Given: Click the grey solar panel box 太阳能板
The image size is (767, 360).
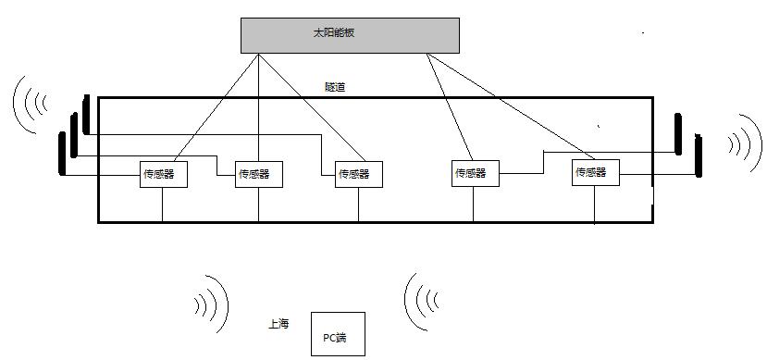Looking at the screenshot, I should pyautogui.click(x=350, y=34).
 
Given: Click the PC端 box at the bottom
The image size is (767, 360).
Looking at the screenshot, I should pyautogui.click(x=338, y=335).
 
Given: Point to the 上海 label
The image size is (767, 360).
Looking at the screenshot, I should pyautogui.click(x=278, y=324).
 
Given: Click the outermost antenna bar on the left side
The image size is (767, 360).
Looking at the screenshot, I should pyautogui.click(x=63, y=154).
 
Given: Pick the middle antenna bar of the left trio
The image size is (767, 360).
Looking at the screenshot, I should pyautogui.click(x=74, y=135).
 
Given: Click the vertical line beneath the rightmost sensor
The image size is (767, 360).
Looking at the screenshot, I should pyautogui.click(x=593, y=205).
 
